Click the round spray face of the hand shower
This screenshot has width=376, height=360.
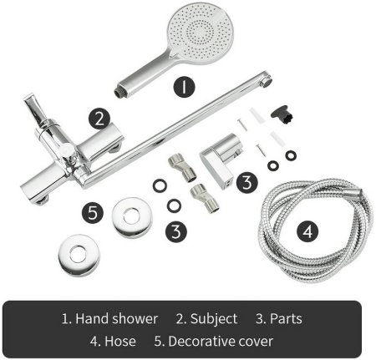pyautogui.click(x=201, y=32)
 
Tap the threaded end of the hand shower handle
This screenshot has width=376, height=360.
pyautogui.click(x=119, y=91)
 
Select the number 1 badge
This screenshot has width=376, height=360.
pyautogui.click(x=184, y=87)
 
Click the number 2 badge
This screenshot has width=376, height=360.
pyautogui.click(x=99, y=119)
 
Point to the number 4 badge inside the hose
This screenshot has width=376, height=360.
pyautogui.click(x=307, y=231)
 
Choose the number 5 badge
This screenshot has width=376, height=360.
pyautogui.click(x=93, y=213)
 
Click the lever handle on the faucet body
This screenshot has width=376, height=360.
pyautogui.click(x=34, y=109)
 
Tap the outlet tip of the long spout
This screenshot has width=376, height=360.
pyautogui.click(x=267, y=81)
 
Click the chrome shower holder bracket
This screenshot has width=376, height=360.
pyautogui.click(x=221, y=159)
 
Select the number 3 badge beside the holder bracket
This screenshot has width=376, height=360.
pyautogui.click(x=247, y=182)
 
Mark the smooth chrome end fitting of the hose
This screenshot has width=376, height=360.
pyautogui.click(x=355, y=192)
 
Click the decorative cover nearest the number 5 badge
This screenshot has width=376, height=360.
pyautogui.click(x=132, y=217)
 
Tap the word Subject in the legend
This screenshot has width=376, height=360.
pyautogui.click(x=214, y=319)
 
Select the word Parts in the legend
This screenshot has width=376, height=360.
pyautogui.click(x=286, y=319)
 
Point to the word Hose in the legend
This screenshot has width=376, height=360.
pyautogui.click(x=120, y=341)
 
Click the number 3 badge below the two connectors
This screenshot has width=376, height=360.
pyautogui.click(x=176, y=231)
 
